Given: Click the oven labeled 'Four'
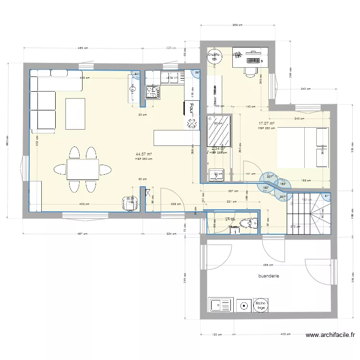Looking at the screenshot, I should (x=191, y=108).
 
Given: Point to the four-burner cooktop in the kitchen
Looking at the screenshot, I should (x=153, y=92).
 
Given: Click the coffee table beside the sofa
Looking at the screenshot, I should (x=75, y=113).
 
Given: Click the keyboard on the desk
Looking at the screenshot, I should (x=252, y=61).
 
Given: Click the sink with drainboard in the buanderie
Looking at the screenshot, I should (x=220, y=305).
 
